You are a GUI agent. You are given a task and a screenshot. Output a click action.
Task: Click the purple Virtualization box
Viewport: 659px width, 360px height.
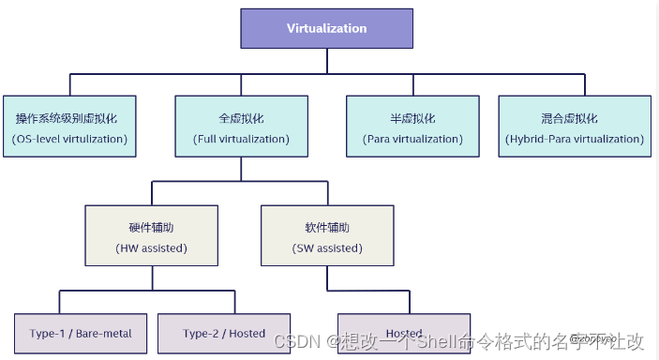[327, 28]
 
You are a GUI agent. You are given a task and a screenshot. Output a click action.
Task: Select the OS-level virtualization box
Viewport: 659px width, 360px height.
[70, 127]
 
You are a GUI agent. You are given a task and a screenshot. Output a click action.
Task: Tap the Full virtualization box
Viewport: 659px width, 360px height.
[241, 127]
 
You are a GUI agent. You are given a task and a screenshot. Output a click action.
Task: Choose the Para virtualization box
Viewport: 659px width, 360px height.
[412, 127]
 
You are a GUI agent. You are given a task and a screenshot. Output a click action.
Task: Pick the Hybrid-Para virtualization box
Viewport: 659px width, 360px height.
[575, 127]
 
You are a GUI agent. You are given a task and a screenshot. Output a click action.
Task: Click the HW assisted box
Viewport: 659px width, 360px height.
[152, 235]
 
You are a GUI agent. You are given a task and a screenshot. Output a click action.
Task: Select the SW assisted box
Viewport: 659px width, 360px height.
[327, 235]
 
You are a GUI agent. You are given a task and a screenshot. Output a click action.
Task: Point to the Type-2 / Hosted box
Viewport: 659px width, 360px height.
[223, 333]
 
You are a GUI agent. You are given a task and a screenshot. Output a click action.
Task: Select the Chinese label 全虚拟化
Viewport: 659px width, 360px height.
[241, 119]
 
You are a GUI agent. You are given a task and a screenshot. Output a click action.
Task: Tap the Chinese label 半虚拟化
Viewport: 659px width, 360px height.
[412, 119]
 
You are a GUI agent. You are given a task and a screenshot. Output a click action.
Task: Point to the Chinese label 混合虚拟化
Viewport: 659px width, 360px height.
[569, 119]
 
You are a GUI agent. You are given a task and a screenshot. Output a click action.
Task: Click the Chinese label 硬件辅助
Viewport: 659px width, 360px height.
[152, 228]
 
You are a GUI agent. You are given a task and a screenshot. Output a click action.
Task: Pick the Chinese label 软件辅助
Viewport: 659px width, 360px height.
[327, 228]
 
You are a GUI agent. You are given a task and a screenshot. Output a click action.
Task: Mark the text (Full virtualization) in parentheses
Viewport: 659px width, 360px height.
[241, 139]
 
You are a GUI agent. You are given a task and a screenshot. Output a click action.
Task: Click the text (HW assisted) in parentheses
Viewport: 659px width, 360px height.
[152, 248]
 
